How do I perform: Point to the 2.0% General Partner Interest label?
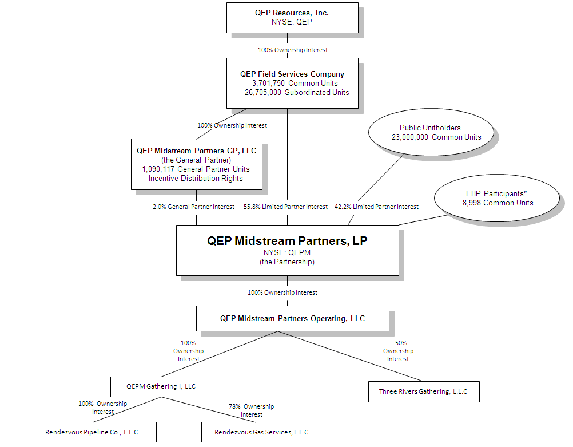[x=194, y=207]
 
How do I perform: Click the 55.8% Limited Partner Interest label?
[x=286, y=207]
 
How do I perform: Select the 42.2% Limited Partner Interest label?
[x=376, y=207]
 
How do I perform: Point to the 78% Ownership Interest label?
[x=252, y=410]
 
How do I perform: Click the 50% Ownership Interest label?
[x=399, y=351]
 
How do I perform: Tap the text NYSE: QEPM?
[x=287, y=252]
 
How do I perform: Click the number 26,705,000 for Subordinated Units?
[x=263, y=92]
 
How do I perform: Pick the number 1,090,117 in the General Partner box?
[x=158, y=169]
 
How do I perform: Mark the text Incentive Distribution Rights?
[x=196, y=178]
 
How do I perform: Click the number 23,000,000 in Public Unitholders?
[x=410, y=137]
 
